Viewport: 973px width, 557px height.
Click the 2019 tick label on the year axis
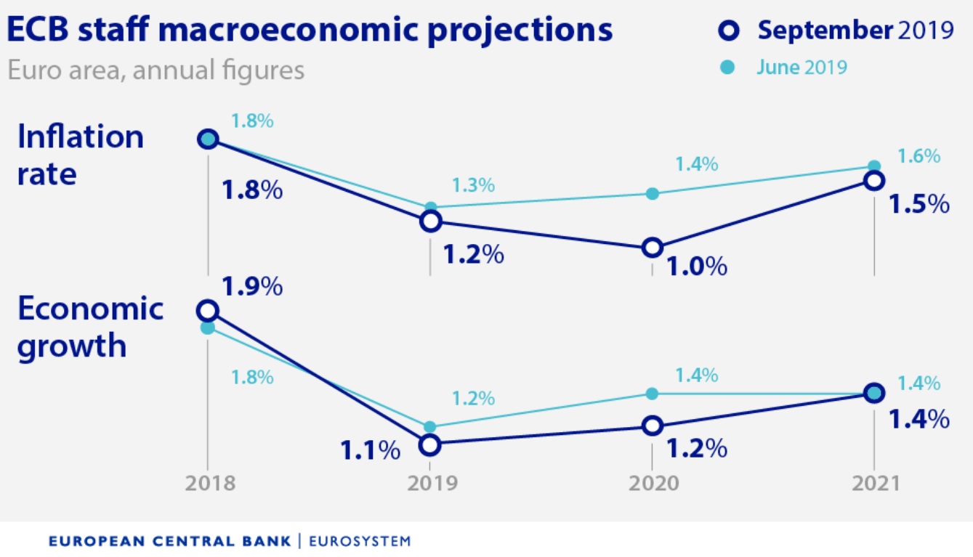[430, 484]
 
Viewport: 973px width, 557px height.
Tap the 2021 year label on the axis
[874, 484]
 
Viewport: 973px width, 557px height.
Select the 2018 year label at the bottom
[209, 484]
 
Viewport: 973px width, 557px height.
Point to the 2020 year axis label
[652, 484]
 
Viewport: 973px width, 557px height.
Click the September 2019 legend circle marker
[729, 31]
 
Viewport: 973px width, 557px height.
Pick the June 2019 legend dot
[730, 68]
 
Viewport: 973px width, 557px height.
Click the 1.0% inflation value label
[695, 267]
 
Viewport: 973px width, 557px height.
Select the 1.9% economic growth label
[251, 287]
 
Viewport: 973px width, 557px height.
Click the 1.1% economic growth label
[371, 450]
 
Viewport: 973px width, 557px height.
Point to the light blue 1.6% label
[919, 156]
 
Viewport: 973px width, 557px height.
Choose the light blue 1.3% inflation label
[473, 185]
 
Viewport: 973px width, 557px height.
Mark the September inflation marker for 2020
[653, 248]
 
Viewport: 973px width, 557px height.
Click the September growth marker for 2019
[430, 444]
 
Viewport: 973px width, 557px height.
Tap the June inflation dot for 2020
[653, 193]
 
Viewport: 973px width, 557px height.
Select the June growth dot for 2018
[208, 328]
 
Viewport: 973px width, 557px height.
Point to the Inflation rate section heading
[80, 155]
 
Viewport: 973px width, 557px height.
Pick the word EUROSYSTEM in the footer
[360, 541]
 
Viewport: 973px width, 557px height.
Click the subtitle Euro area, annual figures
[156, 70]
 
